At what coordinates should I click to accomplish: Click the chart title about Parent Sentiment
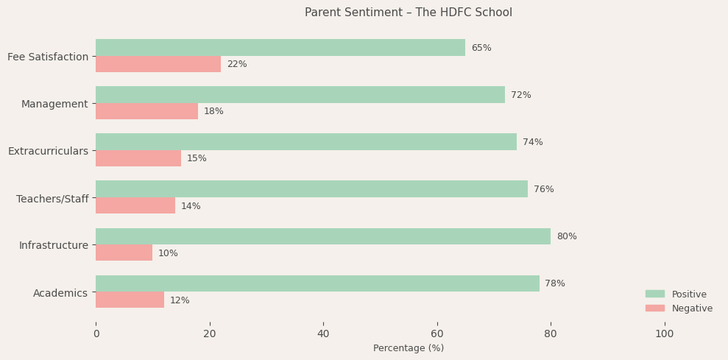(x=409, y=13)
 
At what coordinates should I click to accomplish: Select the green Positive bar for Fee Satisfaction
(x=280, y=48)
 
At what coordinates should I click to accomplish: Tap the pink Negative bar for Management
(x=146, y=111)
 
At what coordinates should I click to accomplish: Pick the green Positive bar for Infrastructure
(x=323, y=236)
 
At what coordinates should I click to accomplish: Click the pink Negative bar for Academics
(x=130, y=300)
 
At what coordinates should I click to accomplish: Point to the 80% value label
(x=566, y=236)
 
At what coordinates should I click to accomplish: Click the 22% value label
(x=236, y=65)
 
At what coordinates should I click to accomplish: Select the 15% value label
(x=197, y=158)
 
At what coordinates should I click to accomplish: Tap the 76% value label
(x=543, y=189)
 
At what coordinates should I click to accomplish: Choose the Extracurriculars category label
(x=48, y=151)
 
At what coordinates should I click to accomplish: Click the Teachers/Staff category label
(x=52, y=199)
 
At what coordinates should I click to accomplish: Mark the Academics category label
(x=60, y=293)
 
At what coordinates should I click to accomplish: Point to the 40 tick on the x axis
(x=323, y=333)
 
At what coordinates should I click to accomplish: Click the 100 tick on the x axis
(x=664, y=333)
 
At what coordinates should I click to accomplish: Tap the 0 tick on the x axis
(x=96, y=333)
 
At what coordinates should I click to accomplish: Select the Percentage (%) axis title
(x=409, y=348)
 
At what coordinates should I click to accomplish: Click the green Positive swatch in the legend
(x=654, y=294)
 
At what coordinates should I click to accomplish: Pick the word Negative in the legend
(x=692, y=308)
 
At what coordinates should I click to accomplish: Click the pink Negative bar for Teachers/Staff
(x=135, y=206)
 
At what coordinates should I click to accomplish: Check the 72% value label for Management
(x=520, y=95)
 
